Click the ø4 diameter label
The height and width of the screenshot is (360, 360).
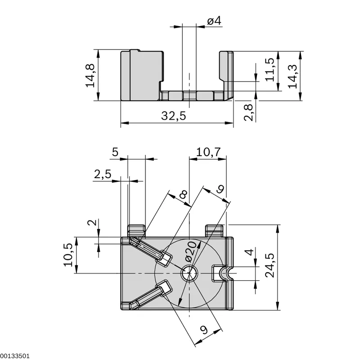click(214, 21)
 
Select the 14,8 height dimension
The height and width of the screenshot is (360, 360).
click(90, 76)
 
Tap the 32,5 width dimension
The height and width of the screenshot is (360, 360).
click(173, 116)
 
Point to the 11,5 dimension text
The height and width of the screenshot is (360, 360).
click(270, 70)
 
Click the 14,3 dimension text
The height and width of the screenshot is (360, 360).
click(292, 76)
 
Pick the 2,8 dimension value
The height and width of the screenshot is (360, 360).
click(248, 112)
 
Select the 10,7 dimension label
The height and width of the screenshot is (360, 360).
click(208, 152)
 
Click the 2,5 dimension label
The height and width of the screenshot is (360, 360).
click(103, 174)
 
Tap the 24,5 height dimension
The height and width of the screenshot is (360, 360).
click(270, 265)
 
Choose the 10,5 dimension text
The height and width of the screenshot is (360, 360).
click(68, 255)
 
